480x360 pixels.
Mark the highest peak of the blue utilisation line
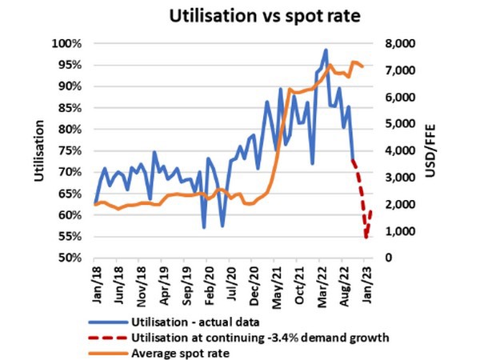[x=326, y=50]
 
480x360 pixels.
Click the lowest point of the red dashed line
[x=366, y=238]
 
